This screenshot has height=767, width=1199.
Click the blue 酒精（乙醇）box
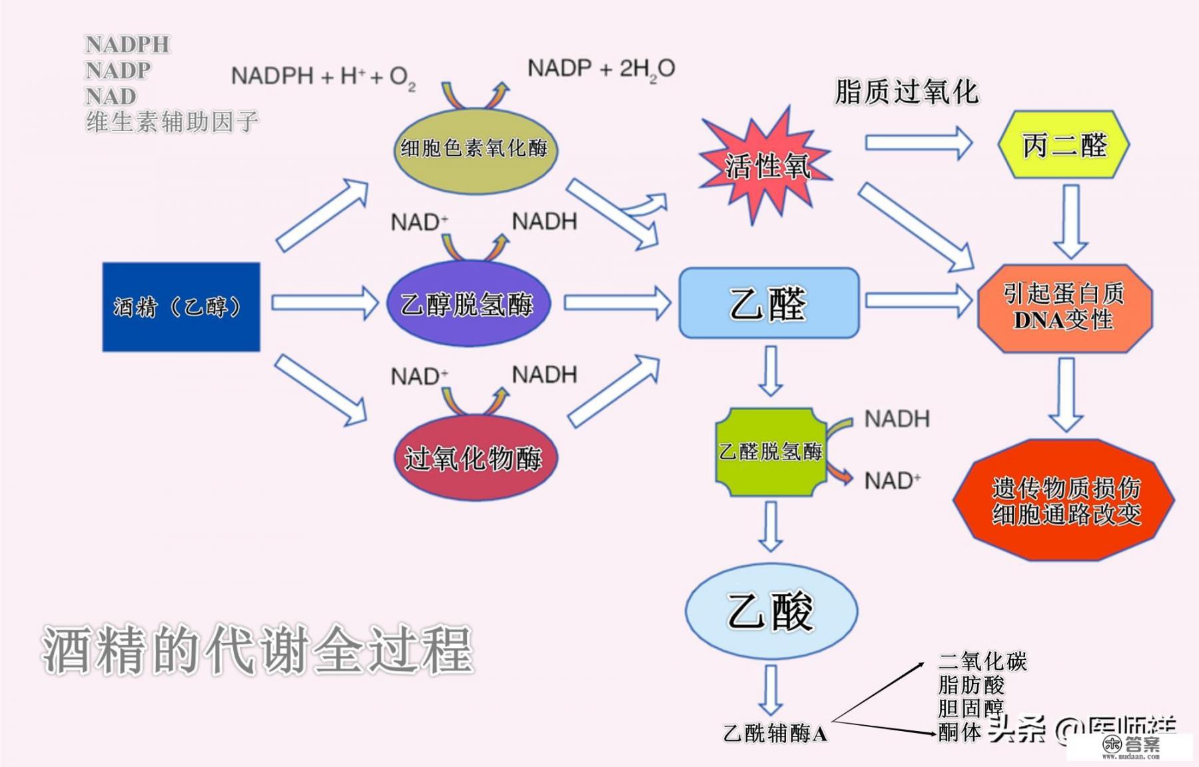click(x=181, y=307)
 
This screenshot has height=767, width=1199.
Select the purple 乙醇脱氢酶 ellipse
click(x=468, y=304)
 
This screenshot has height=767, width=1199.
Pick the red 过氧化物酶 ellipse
click(x=474, y=458)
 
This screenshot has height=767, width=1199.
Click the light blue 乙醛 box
click(x=769, y=304)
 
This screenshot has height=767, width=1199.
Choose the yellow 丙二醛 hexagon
click(x=1063, y=145)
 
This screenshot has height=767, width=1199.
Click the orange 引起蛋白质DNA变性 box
click(x=1064, y=308)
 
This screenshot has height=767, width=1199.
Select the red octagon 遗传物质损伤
click(x=1064, y=501)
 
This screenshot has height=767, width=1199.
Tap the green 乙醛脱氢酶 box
click(x=771, y=452)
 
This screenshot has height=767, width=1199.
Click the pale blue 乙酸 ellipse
click(x=771, y=611)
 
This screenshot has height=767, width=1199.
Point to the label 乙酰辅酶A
click(x=775, y=734)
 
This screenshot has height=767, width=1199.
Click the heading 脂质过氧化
click(x=906, y=92)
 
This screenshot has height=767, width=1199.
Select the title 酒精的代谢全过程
click(x=257, y=649)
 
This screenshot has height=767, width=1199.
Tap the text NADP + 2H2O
click(x=601, y=69)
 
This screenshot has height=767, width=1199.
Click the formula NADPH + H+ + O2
click(x=323, y=77)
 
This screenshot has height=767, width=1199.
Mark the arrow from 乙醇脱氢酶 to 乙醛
click(x=616, y=304)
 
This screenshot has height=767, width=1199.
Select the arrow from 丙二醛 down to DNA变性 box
click(x=1070, y=222)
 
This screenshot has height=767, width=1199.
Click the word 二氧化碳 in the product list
click(x=982, y=662)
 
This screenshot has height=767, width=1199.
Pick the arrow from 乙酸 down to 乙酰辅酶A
click(x=771, y=690)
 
